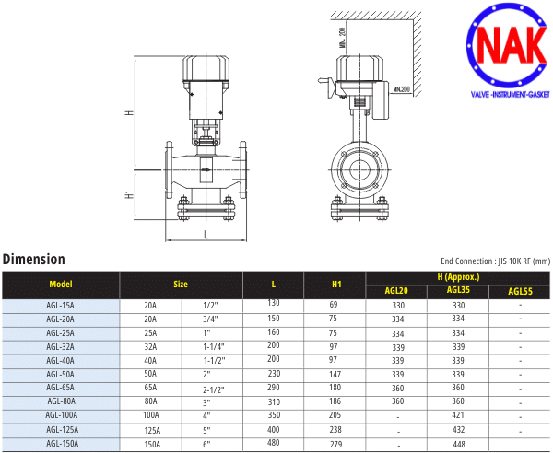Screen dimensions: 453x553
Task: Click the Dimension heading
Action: point(34,260)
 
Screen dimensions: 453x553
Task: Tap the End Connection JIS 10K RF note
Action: point(495,262)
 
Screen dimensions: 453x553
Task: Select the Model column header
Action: point(61,285)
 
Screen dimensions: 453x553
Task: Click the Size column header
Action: point(181,285)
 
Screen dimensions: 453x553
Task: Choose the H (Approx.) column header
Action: point(458,277)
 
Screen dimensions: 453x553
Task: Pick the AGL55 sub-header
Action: point(520,292)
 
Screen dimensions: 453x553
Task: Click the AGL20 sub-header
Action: point(397,292)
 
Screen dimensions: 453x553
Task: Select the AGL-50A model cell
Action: point(61,374)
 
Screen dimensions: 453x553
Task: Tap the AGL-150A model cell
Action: point(61,444)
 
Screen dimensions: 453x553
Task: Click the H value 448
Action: point(458,444)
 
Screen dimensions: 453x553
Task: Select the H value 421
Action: point(458,416)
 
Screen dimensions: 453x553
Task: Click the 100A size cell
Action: point(150,416)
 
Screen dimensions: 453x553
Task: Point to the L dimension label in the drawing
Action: point(206,236)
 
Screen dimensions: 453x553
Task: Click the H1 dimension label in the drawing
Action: point(130,194)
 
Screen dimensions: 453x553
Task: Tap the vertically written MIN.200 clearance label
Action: point(342,36)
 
